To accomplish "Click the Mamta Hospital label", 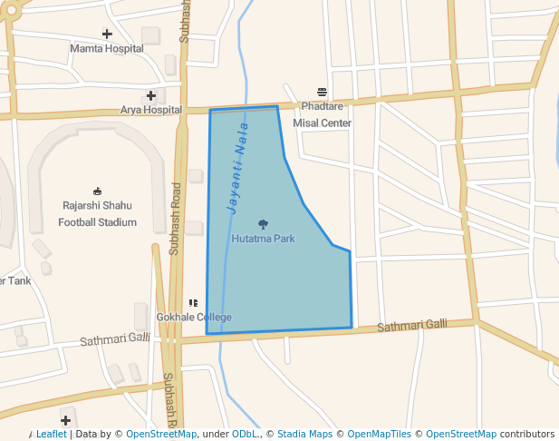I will click(107, 48).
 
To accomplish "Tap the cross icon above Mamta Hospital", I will click(107, 34).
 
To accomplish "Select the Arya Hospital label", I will click(151, 110).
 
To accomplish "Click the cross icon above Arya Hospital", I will click(151, 95).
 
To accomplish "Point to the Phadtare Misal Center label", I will click(323, 114).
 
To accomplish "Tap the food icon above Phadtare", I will click(322, 92).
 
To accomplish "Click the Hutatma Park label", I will click(263, 239).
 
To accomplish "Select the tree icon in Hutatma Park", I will click(263, 224).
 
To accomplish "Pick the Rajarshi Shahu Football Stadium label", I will click(98, 213).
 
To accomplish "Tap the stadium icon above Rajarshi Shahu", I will click(98, 191).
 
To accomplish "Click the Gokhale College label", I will click(194, 317).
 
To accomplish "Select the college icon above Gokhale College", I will click(193, 303).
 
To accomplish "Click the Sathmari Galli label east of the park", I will click(412, 325).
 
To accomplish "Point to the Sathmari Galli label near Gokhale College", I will click(115, 339).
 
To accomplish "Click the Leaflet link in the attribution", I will click(51, 435).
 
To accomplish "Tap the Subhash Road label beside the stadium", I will click(176, 220).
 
